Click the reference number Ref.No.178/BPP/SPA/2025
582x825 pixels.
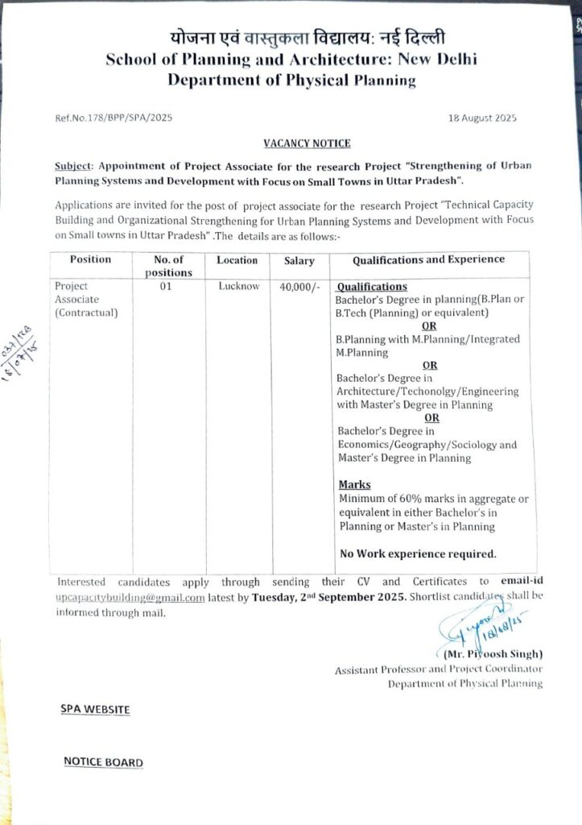(x=108, y=118)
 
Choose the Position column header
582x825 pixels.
(x=90, y=259)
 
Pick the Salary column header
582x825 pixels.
(x=299, y=261)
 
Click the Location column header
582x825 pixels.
(x=237, y=260)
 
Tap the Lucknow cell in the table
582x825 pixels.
(x=239, y=286)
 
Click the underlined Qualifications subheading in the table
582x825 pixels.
(x=371, y=287)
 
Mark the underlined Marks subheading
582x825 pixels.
(x=354, y=484)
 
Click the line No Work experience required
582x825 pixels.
(x=418, y=553)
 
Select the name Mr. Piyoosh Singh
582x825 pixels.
(x=493, y=653)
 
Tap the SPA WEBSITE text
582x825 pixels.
(x=95, y=709)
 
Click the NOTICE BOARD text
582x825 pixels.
(x=103, y=762)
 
